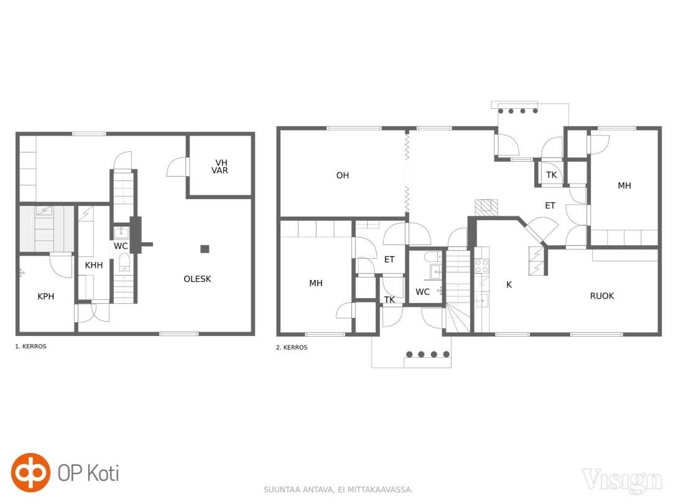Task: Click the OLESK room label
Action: coord(198,279)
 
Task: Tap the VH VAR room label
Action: coord(220,167)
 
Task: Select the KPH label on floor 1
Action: coord(45,296)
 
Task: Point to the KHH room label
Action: coord(93,265)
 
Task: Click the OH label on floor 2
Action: coord(343,175)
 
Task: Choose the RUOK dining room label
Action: coord(602,296)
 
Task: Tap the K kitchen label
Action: coord(509,284)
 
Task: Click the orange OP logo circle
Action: coord(30,472)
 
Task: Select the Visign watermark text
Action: coord(622,480)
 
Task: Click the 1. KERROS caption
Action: coord(30,346)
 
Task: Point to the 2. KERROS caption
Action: coord(292,347)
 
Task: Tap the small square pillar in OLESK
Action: coord(205,248)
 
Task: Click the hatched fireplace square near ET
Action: coord(486,208)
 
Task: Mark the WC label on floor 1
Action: coord(121,246)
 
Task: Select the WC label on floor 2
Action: coord(422,292)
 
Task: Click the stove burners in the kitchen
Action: coord(481,266)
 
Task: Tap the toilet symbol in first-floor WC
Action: coord(124,262)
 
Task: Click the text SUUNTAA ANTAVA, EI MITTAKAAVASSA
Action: coord(338,489)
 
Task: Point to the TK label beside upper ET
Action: coord(552,175)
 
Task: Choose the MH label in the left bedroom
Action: coord(316,283)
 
